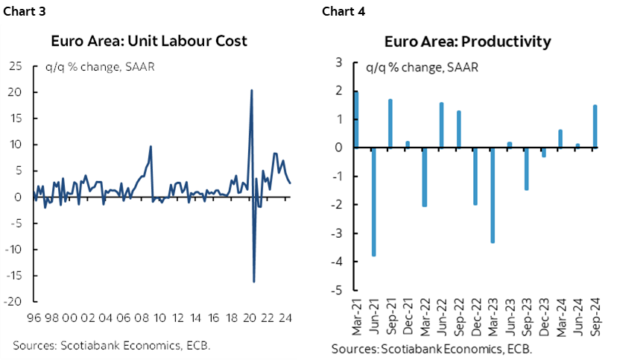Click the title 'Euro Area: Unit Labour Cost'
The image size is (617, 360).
(x=148, y=41)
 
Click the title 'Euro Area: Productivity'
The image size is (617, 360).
(x=467, y=41)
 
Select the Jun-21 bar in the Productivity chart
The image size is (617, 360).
(x=373, y=201)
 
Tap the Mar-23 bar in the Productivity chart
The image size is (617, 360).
(x=493, y=195)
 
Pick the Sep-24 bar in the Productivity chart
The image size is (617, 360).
(x=595, y=126)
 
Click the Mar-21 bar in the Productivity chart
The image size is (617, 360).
(x=356, y=119)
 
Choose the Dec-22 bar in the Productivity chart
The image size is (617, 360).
(x=475, y=176)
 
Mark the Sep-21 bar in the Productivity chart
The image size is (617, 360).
(x=390, y=123)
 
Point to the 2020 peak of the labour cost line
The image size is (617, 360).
(x=251, y=91)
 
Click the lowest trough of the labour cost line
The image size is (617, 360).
(x=254, y=281)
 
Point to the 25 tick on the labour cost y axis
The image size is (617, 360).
(x=14, y=66)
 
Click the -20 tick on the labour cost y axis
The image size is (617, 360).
(x=12, y=302)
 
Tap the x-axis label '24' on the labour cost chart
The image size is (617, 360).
(x=285, y=316)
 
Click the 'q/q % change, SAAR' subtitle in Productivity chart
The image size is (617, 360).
(x=422, y=69)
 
